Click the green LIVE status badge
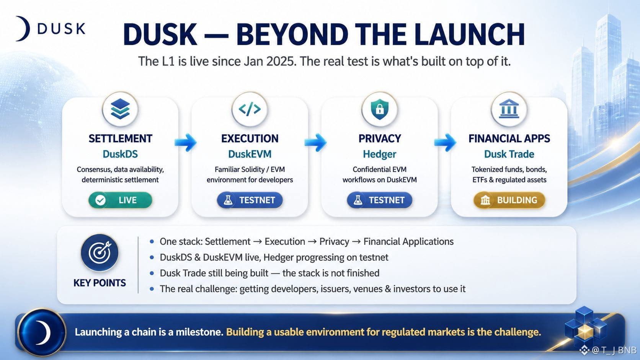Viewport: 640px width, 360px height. click(120, 200)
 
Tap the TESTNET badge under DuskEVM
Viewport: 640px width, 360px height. click(250, 200)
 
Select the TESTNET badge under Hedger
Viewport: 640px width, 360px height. click(379, 200)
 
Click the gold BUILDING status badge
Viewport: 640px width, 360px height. click(509, 200)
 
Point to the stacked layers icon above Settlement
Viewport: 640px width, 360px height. click(120, 109)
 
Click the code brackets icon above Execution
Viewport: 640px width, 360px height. click(250, 109)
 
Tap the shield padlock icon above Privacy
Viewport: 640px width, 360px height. click(379, 109)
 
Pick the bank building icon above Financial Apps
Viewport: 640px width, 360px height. click(509, 109)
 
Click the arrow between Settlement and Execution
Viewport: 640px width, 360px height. click(185, 142)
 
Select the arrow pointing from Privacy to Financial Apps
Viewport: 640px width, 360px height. click(445, 142)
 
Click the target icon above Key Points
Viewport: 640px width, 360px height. click(100, 252)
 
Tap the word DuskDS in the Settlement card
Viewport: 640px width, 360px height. click(120, 154)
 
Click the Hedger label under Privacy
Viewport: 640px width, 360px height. click(379, 154)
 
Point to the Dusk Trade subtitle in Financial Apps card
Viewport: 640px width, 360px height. click(509, 154)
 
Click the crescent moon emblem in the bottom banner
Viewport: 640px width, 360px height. click(42, 332)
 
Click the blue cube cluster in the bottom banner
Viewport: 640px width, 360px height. click(585, 327)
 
